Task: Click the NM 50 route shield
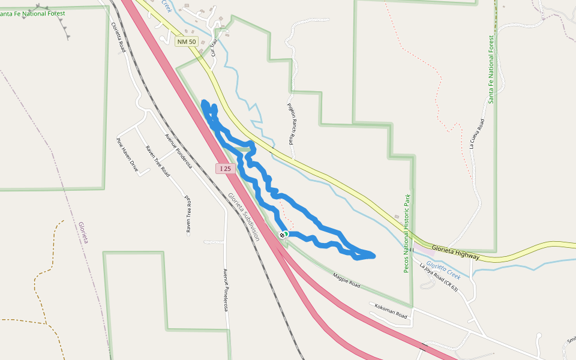[x=187, y=41]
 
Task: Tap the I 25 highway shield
[x=225, y=169]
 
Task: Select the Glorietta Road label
[x=118, y=37]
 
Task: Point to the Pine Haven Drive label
[x=127, y=155]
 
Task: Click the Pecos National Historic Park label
[x=407, y=233]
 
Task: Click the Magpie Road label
[x=346, y=280]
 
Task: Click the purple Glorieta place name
[x=82, y=232]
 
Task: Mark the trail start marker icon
[x=283, y=235]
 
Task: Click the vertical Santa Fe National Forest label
[x=491, y=69]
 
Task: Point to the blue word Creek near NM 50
[x=166, y=5]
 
